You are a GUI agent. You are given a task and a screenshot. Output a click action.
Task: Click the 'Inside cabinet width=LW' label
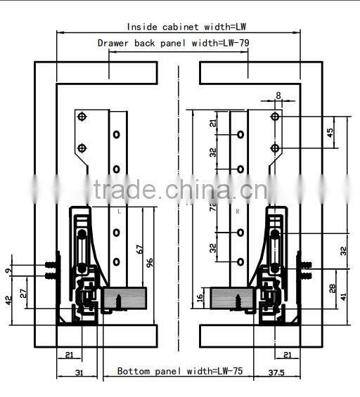point(186,27)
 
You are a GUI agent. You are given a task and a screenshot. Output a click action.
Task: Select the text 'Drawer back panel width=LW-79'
point(172,43)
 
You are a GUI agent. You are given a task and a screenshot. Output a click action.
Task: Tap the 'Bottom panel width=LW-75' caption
point(179,370)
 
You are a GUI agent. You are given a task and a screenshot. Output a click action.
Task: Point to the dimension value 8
point(278,95)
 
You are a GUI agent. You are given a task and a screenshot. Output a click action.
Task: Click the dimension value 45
point(330,134)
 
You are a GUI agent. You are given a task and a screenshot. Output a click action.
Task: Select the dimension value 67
point(141,249)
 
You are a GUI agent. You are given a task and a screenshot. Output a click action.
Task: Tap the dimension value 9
point(8,269)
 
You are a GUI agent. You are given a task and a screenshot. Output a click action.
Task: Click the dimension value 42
point(8,299)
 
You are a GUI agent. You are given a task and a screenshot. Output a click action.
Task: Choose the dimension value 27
point(23,294)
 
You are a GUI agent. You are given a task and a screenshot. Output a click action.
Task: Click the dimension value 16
point(200,299)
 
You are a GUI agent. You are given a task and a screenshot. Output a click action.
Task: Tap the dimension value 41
point(343,297)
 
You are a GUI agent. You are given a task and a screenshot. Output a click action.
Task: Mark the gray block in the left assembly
point(124,298)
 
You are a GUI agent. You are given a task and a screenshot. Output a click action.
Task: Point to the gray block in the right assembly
point(231,298)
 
